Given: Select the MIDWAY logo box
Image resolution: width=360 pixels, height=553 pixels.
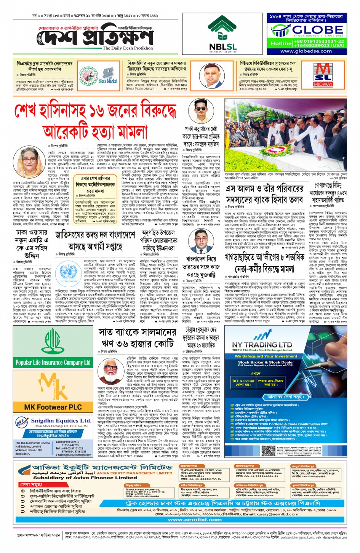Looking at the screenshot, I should point(323,75).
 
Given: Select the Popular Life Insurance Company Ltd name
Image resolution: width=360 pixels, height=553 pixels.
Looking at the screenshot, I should point(53,363).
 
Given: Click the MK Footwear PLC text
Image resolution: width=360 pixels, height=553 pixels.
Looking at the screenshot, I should point(53,407).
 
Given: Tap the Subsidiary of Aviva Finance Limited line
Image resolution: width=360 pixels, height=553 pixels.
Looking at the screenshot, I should point(85,478).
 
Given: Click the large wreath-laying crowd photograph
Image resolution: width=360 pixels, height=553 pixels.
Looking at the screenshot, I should point(285,136).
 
